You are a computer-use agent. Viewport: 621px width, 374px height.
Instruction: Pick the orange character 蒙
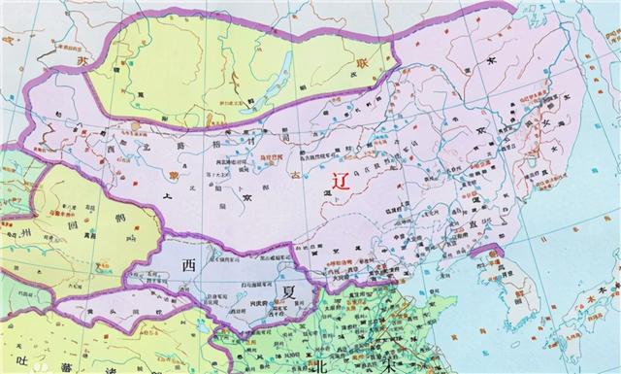pyautogui.click(x=176, y=170)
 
